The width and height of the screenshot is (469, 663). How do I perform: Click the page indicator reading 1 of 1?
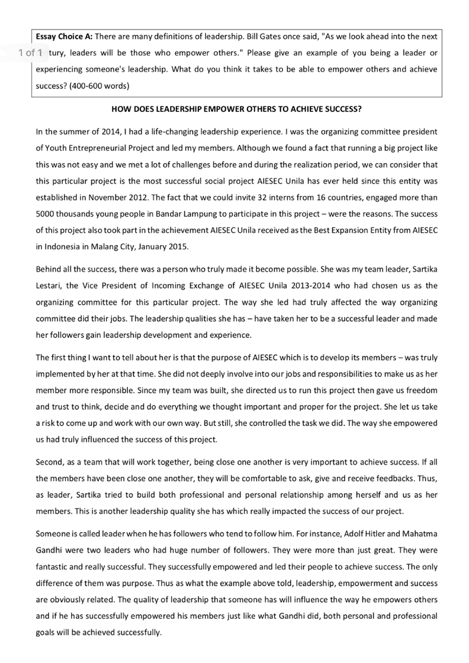(30, 53)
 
